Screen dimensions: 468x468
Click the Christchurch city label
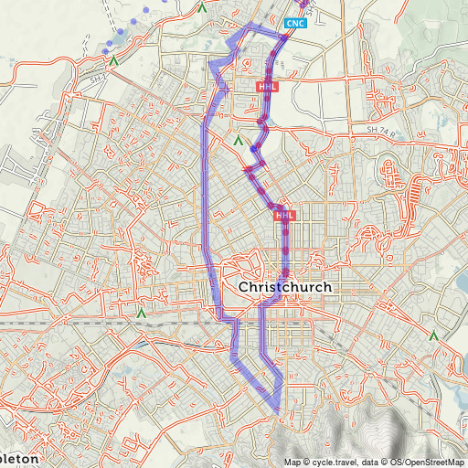[x=284, y=287]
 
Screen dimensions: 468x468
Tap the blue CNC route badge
[x=295, y=22]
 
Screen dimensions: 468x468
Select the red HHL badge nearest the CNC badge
[x=267, y=86]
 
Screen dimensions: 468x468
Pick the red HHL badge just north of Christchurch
[x=284, y=215]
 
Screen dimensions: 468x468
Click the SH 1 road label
[x=98, y=80]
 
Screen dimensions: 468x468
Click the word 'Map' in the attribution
[x=292, y=462]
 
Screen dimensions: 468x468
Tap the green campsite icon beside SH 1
[x=113, y=60]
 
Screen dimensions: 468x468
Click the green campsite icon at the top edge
[x=201, y=7]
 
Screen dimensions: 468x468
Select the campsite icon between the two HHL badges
[x=238, y=142]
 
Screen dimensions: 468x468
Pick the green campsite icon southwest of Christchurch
[x=141, y=313]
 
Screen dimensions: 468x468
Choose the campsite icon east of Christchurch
[x=434, y=337]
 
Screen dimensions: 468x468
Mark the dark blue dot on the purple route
[x=252, y=149]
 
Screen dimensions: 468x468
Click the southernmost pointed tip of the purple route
[x=277, y=409]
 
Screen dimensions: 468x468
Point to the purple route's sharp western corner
[x=210, y=64]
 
